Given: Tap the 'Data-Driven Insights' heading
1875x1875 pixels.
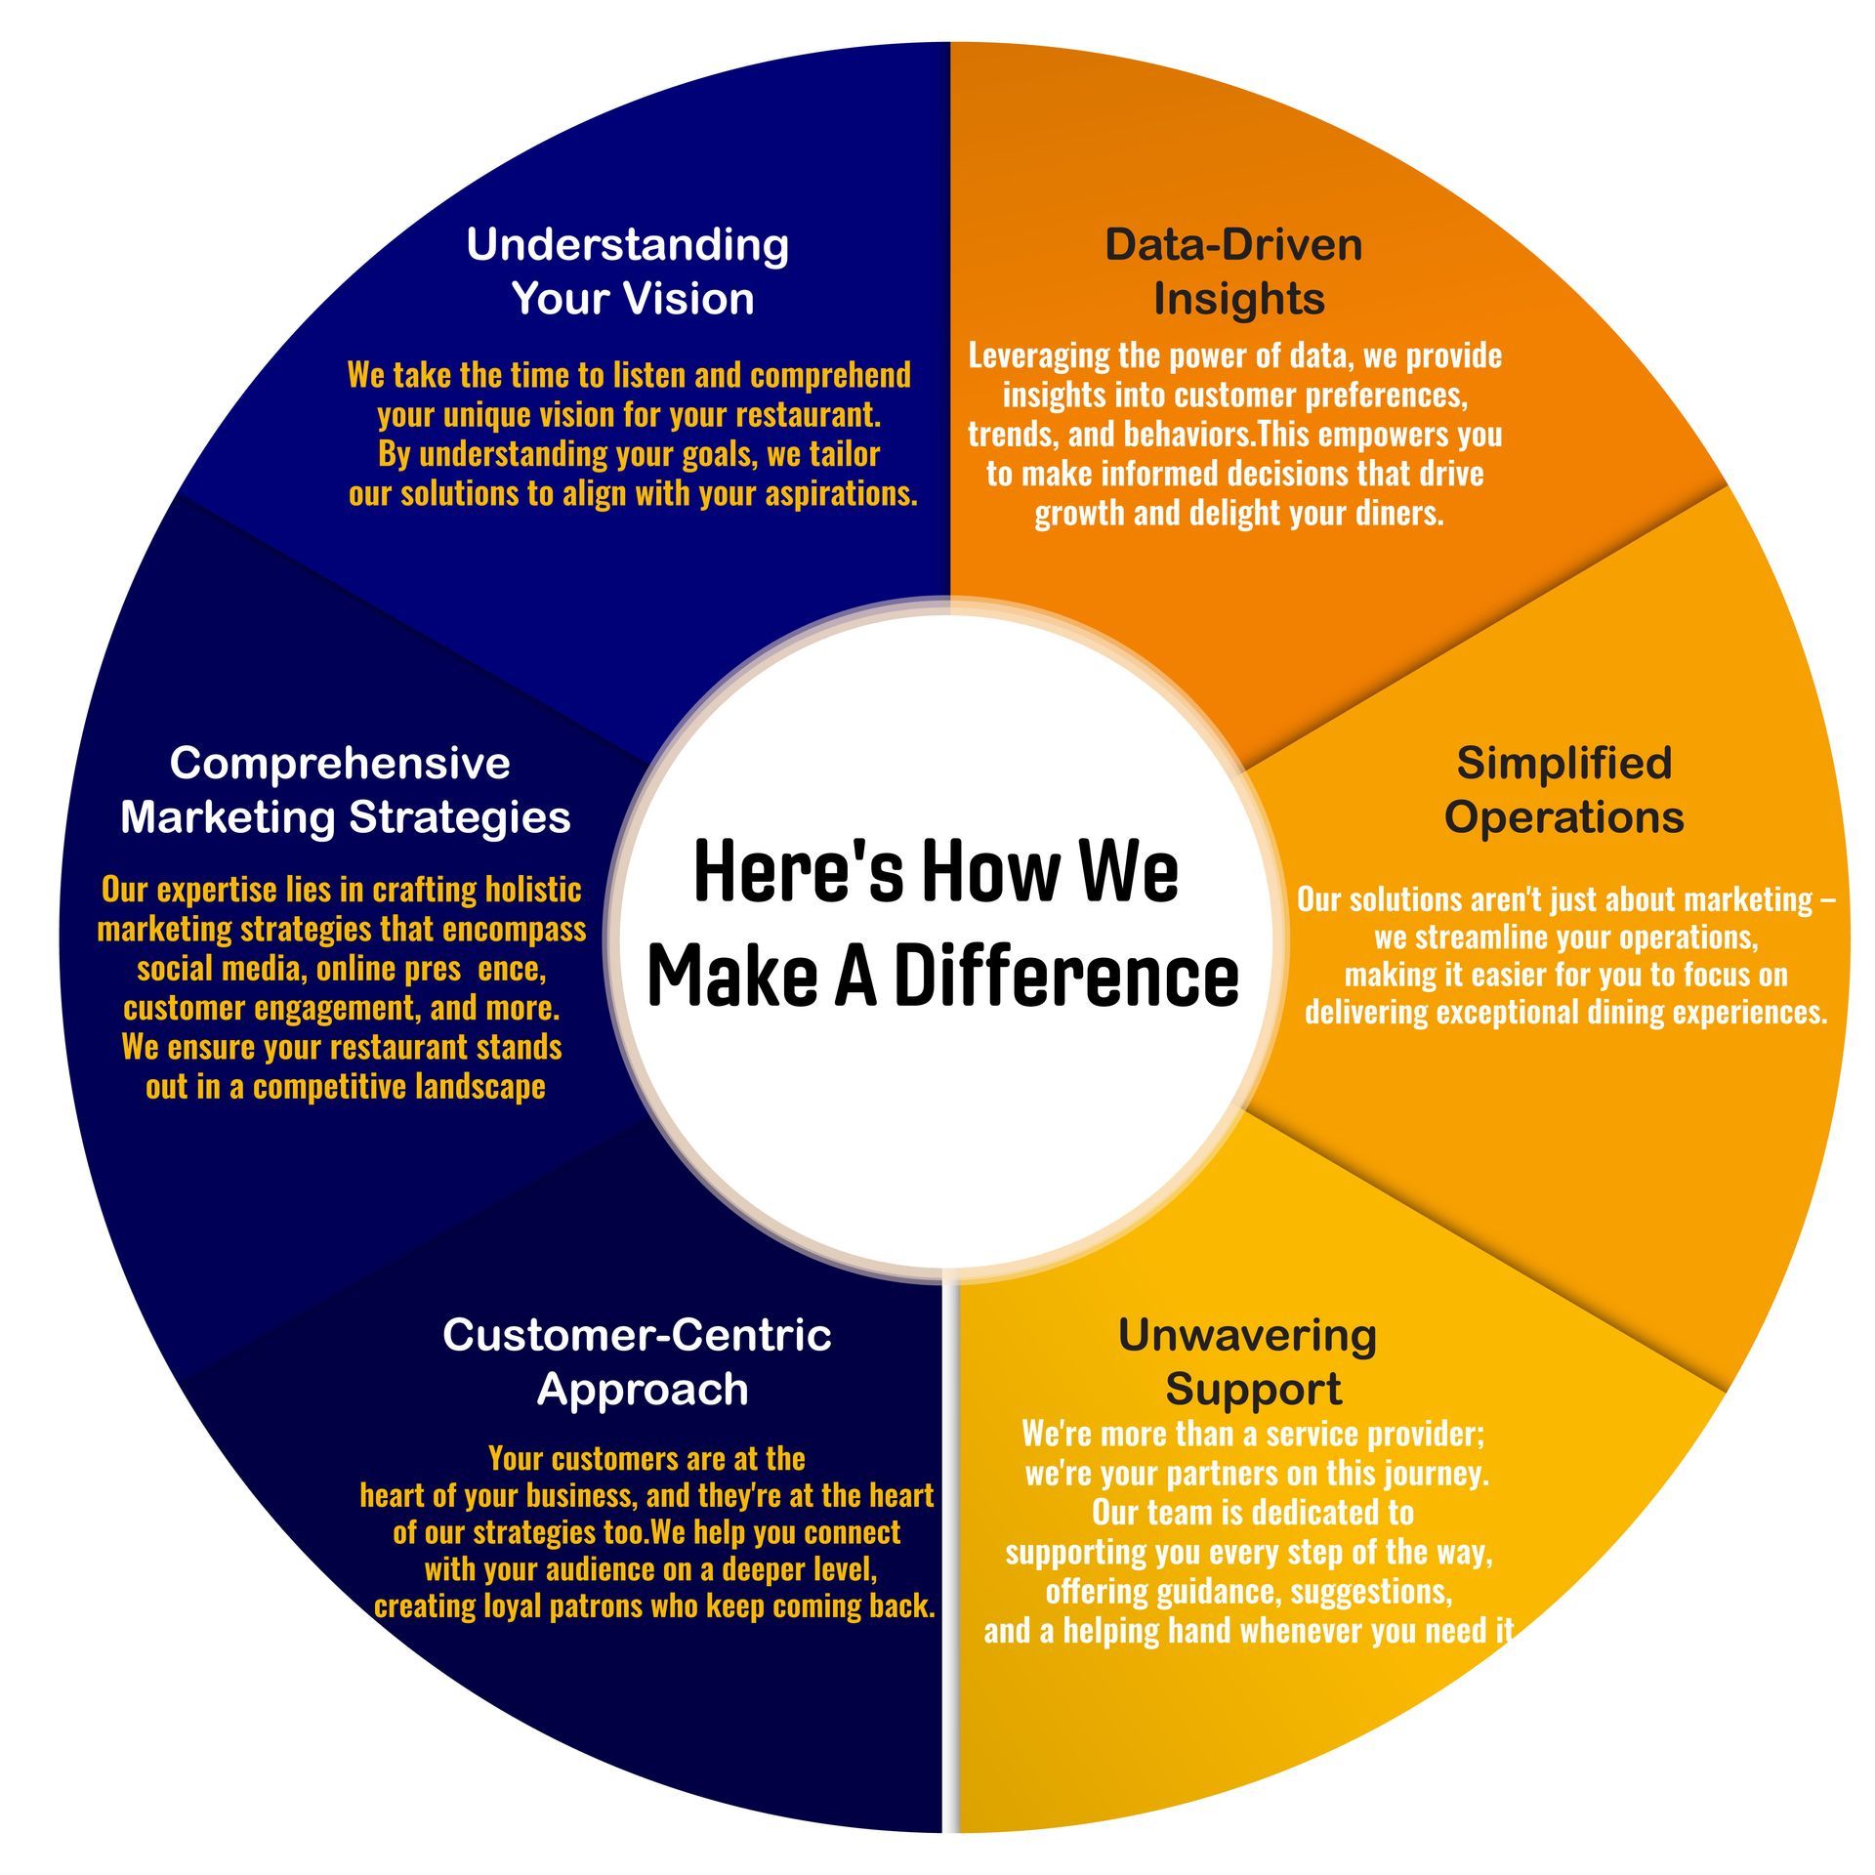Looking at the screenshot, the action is pyautogui.click(x=1235, y=271).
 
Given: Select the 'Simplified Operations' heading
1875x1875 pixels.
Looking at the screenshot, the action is pyautogui.click(x=1563, y=789).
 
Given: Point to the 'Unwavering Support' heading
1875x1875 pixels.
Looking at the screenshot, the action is pyautogui.click(x=1249, y=1360).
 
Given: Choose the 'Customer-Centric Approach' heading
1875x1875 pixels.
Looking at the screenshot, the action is pyautogui.click(x=638, y=1360).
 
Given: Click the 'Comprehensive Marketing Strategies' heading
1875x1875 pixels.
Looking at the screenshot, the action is pyautogui.click(x=345, y=789).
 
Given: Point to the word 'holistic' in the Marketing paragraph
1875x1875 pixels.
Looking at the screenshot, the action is pyautogui.click(x=533, y=890).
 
